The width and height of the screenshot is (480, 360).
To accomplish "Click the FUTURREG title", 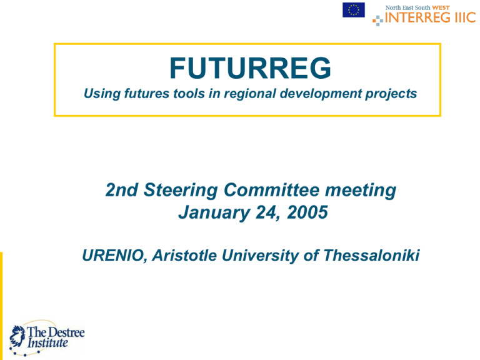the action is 250,68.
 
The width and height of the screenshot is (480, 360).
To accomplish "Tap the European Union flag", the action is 354,10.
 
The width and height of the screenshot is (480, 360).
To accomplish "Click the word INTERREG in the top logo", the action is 418,17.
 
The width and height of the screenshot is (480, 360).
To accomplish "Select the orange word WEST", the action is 441,7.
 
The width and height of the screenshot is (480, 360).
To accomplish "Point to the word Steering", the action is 180,190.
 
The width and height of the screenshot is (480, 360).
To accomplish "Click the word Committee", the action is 272,190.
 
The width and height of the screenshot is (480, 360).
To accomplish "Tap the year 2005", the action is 307,212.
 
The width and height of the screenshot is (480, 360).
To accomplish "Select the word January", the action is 214,212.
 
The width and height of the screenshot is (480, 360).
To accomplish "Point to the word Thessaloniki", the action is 371,255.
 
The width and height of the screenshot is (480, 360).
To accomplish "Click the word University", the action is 260,256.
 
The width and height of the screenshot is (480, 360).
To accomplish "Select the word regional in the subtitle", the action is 250,94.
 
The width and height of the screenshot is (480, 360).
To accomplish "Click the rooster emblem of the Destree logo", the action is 17,337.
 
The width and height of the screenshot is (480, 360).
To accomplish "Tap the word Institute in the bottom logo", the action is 47,342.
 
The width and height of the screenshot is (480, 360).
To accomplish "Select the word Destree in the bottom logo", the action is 66,332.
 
